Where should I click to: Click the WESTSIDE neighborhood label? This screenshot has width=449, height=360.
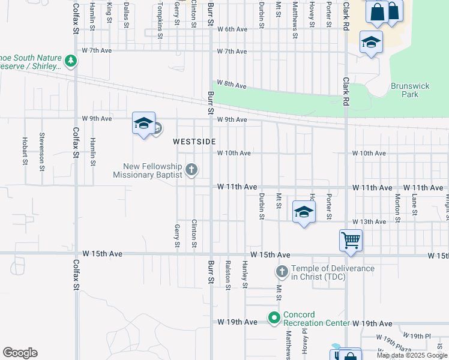pyautogui.click(x=194, y=142)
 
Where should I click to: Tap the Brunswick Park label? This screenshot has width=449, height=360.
pyautogui.click(x=410, y=90)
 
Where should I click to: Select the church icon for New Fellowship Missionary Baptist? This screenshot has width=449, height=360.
pyautogui.click(x=191, y=169)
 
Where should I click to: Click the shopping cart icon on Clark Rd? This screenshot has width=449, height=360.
pyautogui.click(x=351, y=241)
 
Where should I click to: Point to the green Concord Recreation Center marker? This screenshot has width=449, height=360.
pyautogui.click(x=274, y=316)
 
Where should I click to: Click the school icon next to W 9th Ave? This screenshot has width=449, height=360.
pyautogui.click(x=143, y=124)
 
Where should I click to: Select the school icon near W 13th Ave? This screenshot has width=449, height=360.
pyautogui.click(x=304, y=212)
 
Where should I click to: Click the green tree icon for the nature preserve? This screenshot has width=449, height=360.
pyautogui.click(x=71, y=61)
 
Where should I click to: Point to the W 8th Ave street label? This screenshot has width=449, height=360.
pyautogui.click(x=232, y=85)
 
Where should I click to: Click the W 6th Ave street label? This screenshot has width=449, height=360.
pyautogui.click(x=232, y=29)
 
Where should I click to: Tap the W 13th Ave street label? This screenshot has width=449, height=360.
pyautogui.click(x=369, y=222)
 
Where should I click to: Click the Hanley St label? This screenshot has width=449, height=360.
pyautogui.click(x=245, y=274)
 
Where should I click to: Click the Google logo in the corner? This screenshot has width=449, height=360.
pyautogui.click(x=20, y=353)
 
